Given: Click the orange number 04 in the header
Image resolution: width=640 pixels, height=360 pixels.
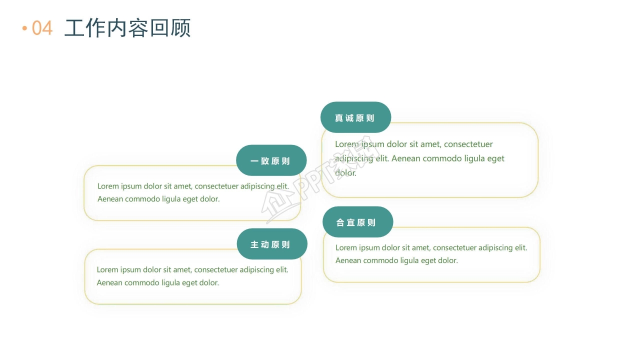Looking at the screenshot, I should (42, 28).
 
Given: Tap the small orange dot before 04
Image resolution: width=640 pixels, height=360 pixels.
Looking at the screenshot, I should (24, 28).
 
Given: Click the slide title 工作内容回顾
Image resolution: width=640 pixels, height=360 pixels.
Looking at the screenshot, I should (127, 28).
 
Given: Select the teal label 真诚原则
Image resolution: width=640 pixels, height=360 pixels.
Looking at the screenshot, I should (355, 118).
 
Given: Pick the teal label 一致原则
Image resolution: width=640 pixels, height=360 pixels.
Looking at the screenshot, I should (270, 161).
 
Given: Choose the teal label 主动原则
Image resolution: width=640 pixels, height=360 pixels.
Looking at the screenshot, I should (270, 244).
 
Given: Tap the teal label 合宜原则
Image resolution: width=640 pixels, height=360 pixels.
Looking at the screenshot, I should (356, 222).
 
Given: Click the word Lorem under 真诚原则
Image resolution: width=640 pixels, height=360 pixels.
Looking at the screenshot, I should (346, 144).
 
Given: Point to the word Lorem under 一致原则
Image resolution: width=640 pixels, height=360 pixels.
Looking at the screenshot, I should (108, 186).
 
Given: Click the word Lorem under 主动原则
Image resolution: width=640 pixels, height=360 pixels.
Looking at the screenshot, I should (107, 269).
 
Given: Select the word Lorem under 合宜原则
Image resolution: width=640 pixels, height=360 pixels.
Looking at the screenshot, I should (346, 247).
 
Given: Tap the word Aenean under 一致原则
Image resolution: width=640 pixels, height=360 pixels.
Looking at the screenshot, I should (110, 199).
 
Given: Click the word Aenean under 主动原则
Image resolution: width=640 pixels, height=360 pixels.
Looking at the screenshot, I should (109, 282).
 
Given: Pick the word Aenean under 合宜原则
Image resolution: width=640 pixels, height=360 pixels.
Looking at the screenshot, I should (348, 260).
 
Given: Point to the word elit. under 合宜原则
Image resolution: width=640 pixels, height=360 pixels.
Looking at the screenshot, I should (520, 247).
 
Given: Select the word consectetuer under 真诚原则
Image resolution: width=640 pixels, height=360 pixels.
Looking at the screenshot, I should (468, 144).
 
